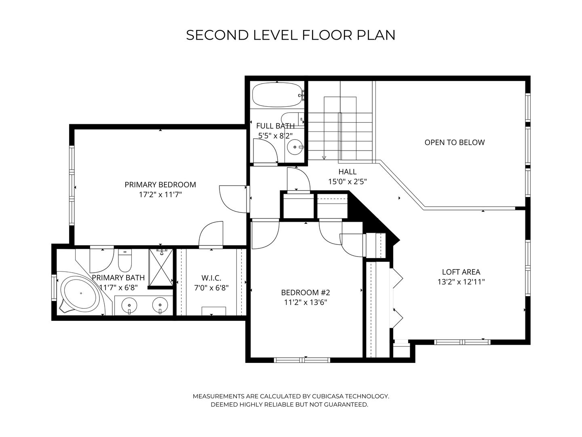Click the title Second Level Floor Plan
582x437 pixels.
tap(291, 35)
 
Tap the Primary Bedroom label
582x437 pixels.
tap(160, 185)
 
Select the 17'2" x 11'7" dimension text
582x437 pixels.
tap(160, 195)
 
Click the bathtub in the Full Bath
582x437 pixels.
tap(276, 95)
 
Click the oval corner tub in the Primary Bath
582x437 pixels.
tap(80, 293)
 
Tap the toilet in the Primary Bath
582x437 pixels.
tap(125, 262)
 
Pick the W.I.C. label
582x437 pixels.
tap(211, 278)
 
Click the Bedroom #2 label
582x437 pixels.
tap(306, 293)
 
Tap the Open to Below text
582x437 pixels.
tap(454, 142)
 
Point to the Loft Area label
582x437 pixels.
tap(461, 272)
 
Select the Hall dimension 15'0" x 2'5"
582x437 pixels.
tap(347, 182)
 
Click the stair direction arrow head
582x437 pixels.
tap(323, 157)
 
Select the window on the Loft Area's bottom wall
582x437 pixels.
tap(462, 342)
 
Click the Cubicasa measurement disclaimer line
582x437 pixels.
tap(291, 396)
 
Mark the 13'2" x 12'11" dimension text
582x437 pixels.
tap(461, 282)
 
